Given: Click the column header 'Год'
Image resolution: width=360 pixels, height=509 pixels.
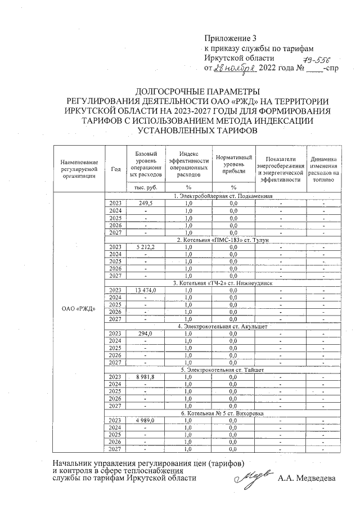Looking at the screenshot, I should point(116,169).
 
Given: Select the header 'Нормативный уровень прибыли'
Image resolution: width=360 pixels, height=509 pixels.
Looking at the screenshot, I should point(233,164).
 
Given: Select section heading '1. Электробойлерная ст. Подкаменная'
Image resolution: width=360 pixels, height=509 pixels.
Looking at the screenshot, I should point(223,196).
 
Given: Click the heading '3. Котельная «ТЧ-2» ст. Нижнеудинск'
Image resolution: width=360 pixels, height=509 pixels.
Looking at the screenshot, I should point(223,283).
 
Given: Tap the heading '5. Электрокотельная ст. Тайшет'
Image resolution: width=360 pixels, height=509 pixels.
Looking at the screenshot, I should point(223,370).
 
